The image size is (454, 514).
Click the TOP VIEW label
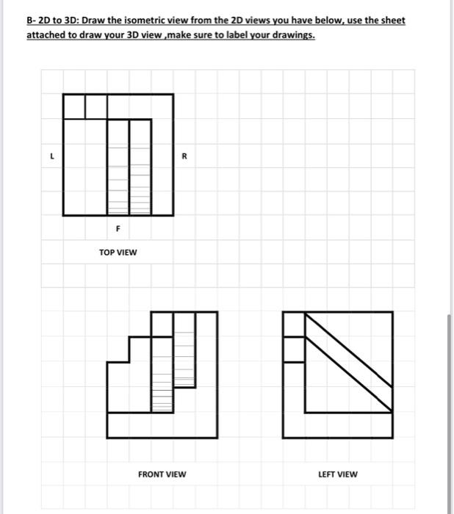click(118, 253)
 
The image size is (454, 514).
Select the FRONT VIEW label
click(162, 474)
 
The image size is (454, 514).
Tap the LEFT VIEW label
click(337, 474)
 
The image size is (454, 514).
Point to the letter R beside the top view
click(184, 156)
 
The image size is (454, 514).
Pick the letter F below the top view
click(118, 228)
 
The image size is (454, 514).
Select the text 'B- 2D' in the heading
click(37, 21)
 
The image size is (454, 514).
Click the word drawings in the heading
click(292, 35)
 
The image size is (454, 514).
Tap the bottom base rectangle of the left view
click(337, 425)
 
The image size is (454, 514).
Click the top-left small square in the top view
click(75, 105)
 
